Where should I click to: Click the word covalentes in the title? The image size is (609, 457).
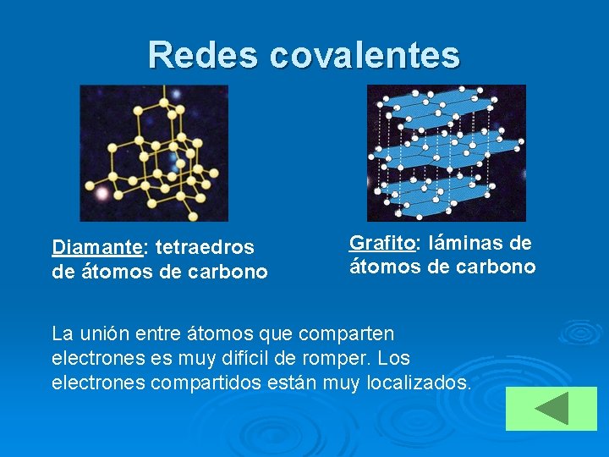point(365,55)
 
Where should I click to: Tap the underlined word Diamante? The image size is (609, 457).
point(96,248)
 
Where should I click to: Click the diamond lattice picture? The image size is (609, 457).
point(154,153)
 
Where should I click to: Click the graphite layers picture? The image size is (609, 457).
point(446,153)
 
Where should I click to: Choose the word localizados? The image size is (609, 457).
point(420,383)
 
